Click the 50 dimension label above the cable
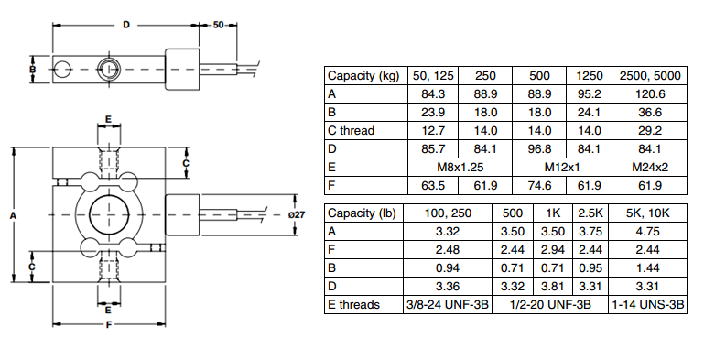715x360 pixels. (219, 25)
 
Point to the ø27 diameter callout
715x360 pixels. (297, 214)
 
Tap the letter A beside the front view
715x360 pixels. (13, 215)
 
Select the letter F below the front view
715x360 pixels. (109, 325)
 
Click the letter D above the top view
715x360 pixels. (126, 25)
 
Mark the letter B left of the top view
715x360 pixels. (32, 70)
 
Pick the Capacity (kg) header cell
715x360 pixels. (363, 76)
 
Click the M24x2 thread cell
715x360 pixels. (650, 168)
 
